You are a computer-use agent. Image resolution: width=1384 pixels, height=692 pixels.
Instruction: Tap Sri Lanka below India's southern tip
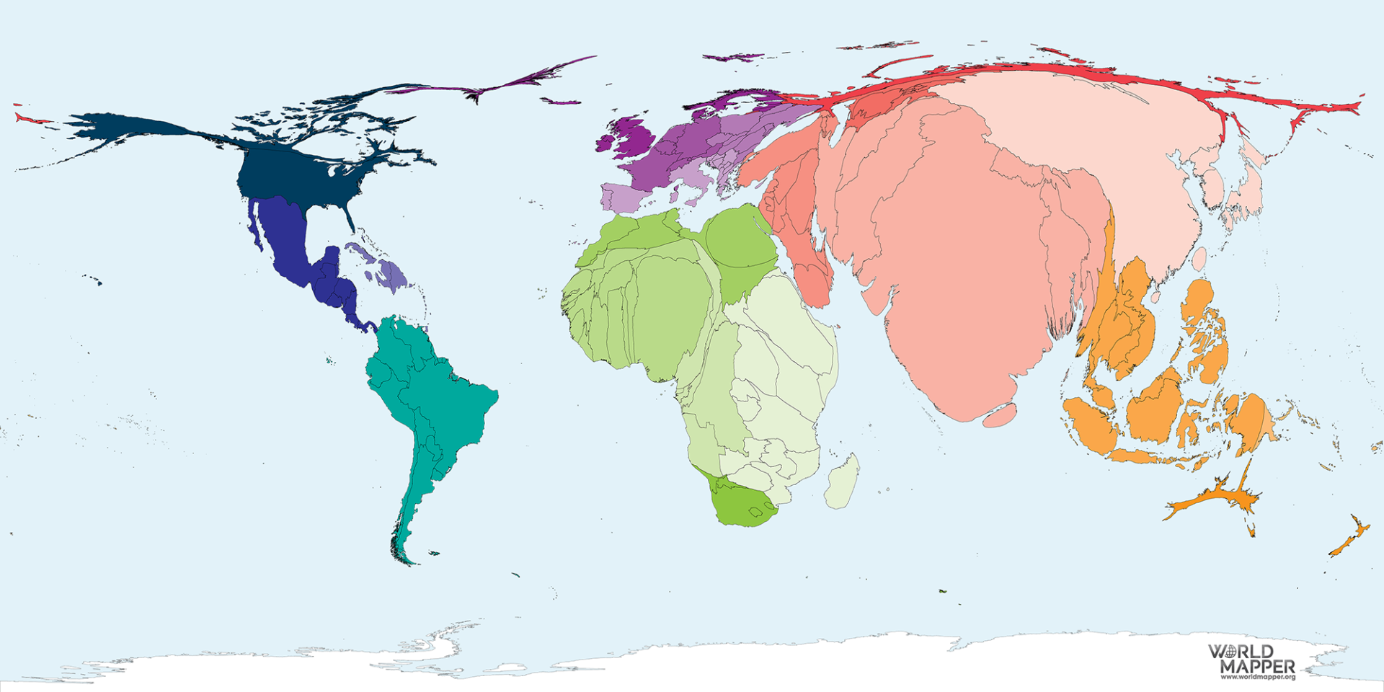click(x=1000, y=415)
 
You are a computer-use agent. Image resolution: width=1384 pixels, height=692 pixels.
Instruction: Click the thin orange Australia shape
click(x=1218, y=497)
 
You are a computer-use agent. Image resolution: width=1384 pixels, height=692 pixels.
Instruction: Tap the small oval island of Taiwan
click(x=1199, y=259)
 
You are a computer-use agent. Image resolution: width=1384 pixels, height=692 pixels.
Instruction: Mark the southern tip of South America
click(x=408, y=561)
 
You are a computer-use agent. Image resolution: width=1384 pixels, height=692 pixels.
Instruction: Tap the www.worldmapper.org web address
click(x=1258, y=678)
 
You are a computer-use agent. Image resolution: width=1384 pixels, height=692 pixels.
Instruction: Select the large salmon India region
click(x=959, y=288)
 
